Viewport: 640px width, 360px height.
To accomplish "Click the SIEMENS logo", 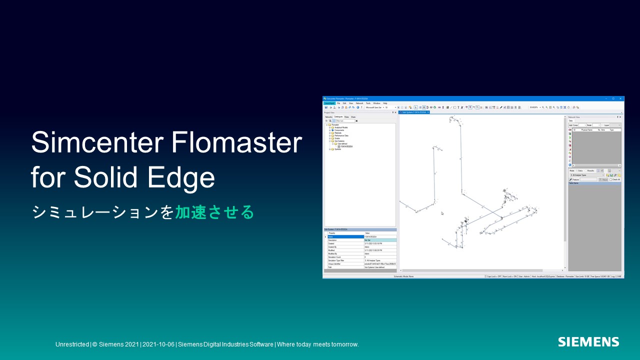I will pos(588,342).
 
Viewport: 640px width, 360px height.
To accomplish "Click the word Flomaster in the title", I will pos(236,143).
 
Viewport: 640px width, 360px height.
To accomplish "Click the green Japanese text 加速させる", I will pos(214,212).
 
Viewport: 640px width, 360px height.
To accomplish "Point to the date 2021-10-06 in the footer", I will pos(158,344).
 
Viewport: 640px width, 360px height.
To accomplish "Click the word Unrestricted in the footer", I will pos(72,344).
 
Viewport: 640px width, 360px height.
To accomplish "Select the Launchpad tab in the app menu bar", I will pos(329,103).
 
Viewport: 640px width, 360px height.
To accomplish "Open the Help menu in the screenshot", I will pos(385,103).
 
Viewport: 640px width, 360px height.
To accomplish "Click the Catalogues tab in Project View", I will pos(338,116).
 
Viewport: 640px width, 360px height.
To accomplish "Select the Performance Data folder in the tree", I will pos(341,135).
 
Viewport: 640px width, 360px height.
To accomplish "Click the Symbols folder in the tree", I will pos(337,149).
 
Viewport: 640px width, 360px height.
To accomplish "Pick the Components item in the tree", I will pos(339,130).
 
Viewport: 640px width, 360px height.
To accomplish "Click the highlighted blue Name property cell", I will pos(345,236).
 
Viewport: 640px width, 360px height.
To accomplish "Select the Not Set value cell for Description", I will pos(380,240).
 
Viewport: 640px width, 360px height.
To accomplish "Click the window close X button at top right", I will pos(620,98).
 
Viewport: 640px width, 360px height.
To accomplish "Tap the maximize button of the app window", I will pos(613,98).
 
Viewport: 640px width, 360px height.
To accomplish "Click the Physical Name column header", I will pos(586,129).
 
